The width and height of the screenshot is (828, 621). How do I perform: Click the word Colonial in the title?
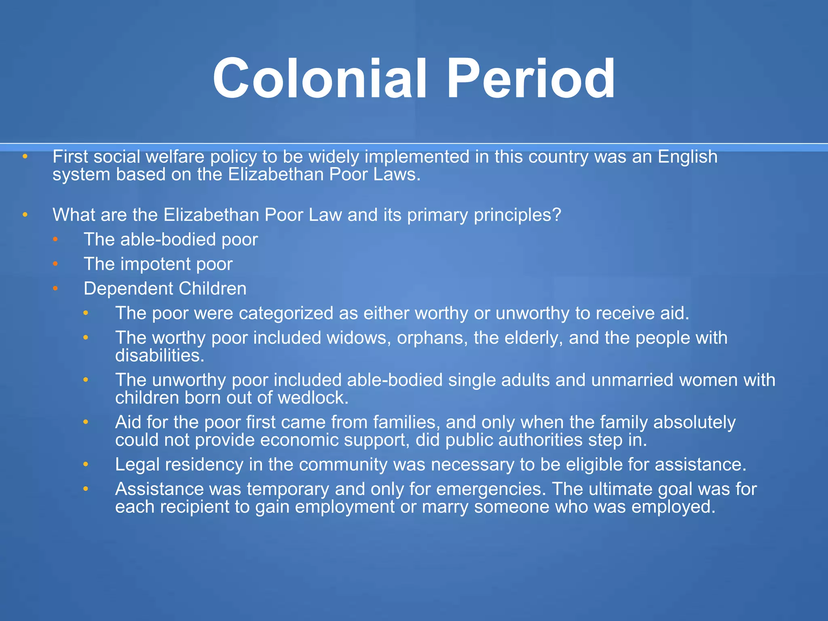pyautogui.click(x=319, y=79)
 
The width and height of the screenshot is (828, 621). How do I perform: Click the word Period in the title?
pyautogui.click(x=530, y=79)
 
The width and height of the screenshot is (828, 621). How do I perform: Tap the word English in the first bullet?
pyautogui.click(x=687, y=157)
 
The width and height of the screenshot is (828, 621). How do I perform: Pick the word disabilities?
pyautogui.click(x=160, y=356)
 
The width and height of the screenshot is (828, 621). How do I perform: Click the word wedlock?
pyautogui.click(x=313, y=398)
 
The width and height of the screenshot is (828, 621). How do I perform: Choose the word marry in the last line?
pyautogui.click(x=445, y=507)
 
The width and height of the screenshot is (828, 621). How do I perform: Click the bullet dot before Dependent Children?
pyautogui.click(x=55, y=289)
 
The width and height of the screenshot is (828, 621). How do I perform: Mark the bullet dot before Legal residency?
pyautogui.click(x=86, y=465)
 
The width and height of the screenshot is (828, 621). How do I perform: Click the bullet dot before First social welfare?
pyautogui.click(x=25, y=156)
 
